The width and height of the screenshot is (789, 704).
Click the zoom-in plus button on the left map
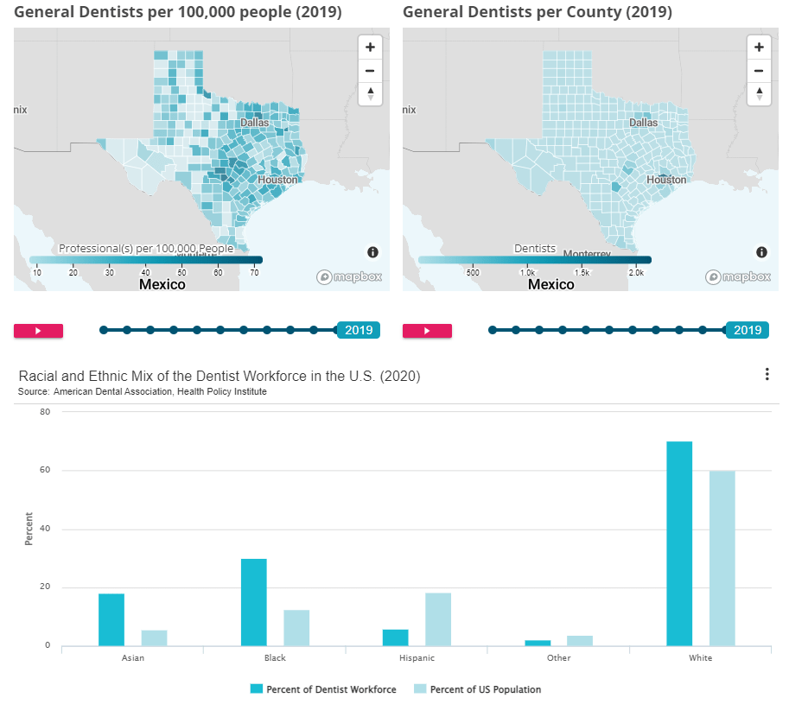pos(370,48)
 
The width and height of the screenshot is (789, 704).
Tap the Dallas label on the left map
pos(255,123)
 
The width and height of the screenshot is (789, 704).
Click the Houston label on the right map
pos(666,180)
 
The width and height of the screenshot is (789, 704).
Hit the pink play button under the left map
pos(39,330)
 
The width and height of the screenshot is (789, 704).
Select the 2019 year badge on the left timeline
pos(358,330)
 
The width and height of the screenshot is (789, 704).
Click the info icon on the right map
pos(761,252)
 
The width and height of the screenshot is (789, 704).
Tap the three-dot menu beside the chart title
pos(767,374)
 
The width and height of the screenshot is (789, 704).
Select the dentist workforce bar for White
pos(679,543)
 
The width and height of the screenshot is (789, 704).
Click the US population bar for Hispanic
pos(438,618)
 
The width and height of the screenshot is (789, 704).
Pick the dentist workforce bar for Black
pos(254,602)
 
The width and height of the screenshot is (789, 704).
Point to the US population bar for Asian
pos(155,637)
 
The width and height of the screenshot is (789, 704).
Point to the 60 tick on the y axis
pos(44,471)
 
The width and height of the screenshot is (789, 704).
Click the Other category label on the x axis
pos(558,658)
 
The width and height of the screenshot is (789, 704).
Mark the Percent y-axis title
pos(29,529)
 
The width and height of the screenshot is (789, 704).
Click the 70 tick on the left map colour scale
pos(255,273)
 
